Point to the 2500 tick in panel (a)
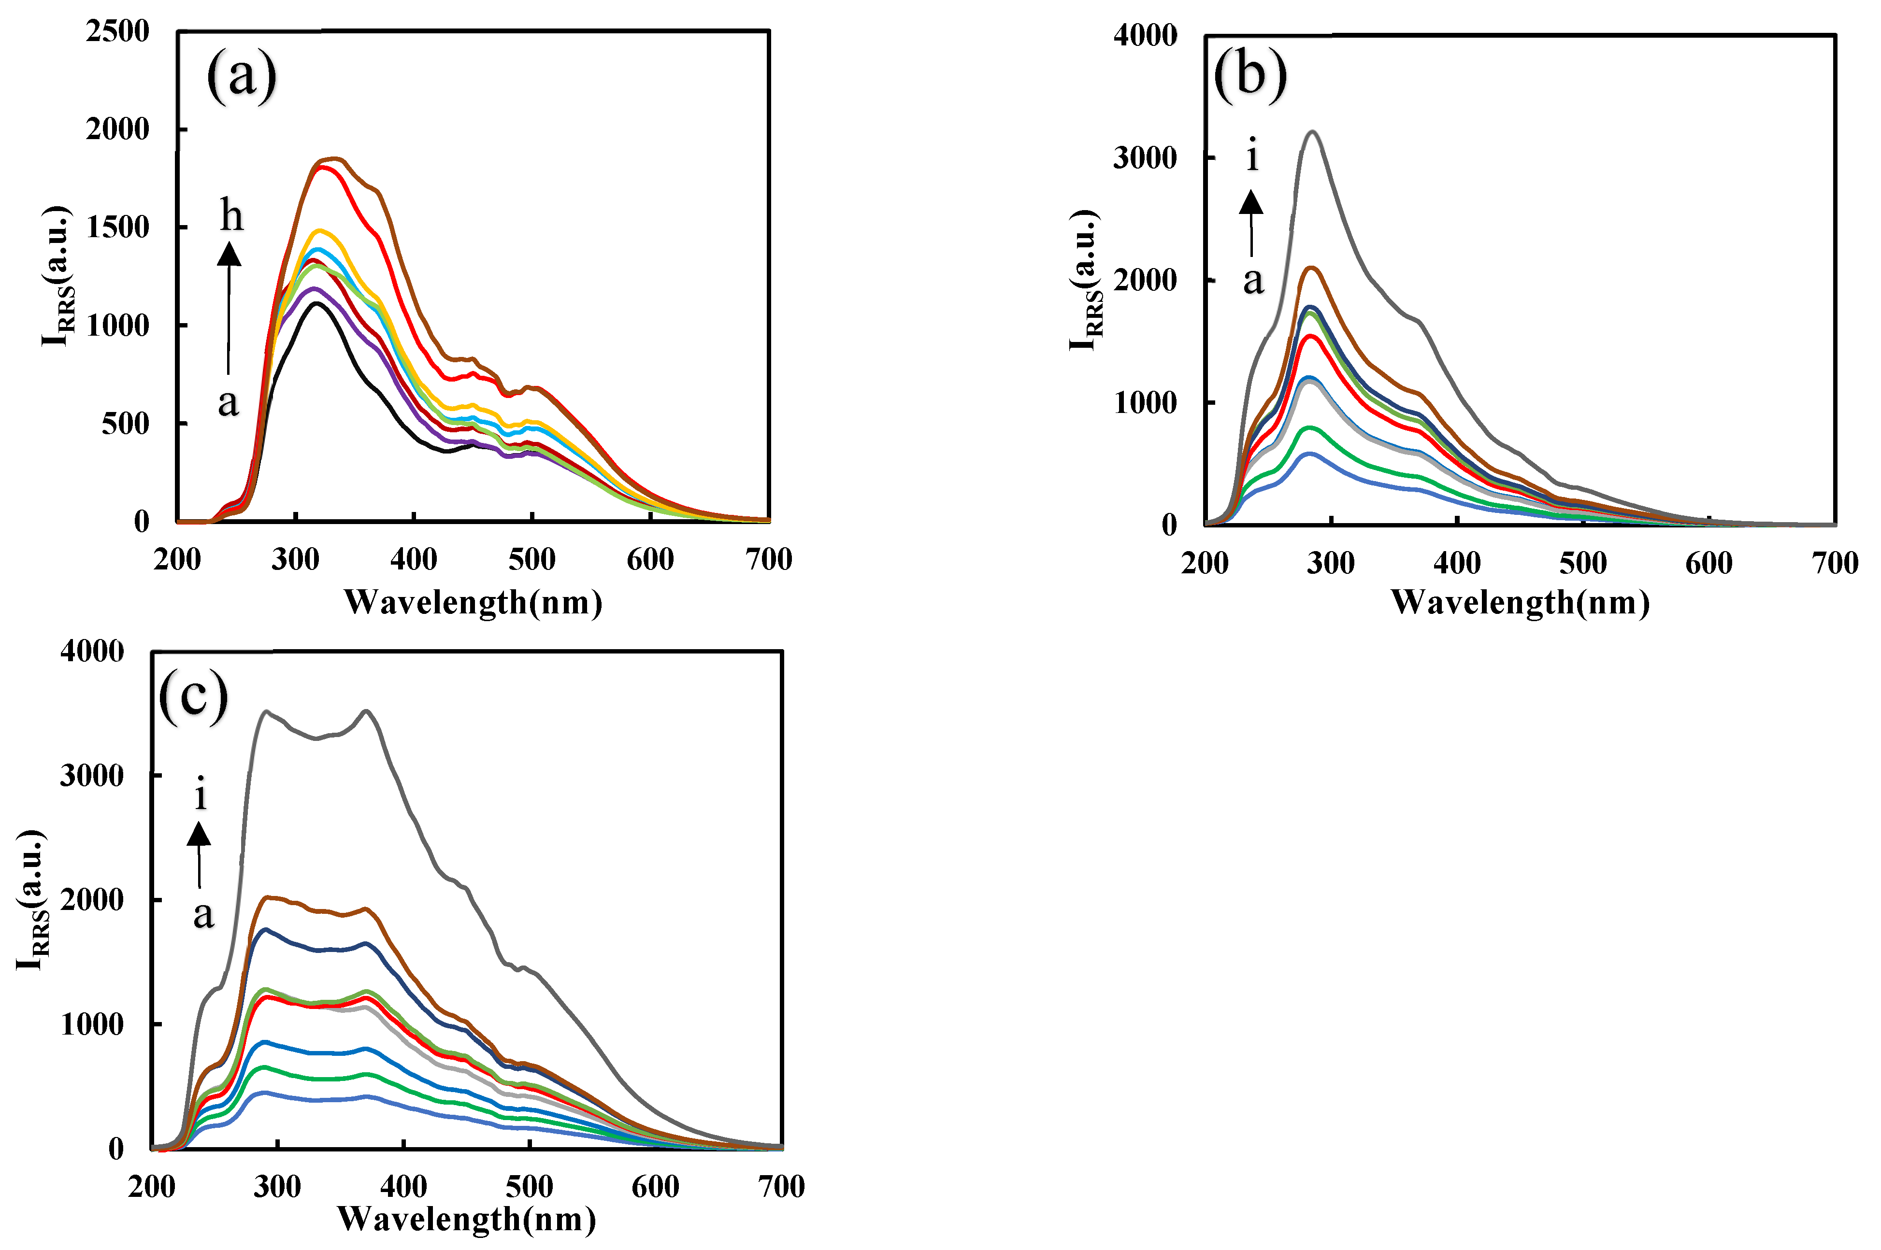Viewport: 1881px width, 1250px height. tap(117, 32)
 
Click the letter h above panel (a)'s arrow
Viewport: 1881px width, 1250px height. tap(231, 215)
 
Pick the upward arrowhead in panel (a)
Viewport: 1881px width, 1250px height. tap(230, 254)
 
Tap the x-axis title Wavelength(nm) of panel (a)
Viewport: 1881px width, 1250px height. tap(473, 602)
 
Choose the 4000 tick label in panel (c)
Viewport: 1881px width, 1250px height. tap(92, 651)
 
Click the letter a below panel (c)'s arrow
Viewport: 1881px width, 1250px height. tap(203, 913)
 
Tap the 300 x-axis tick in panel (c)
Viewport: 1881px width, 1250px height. tap(277, 1187)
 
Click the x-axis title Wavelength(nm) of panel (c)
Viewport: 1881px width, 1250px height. tap(466, 1219)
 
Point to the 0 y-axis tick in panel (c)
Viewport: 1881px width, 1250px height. tap(116, 1149)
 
